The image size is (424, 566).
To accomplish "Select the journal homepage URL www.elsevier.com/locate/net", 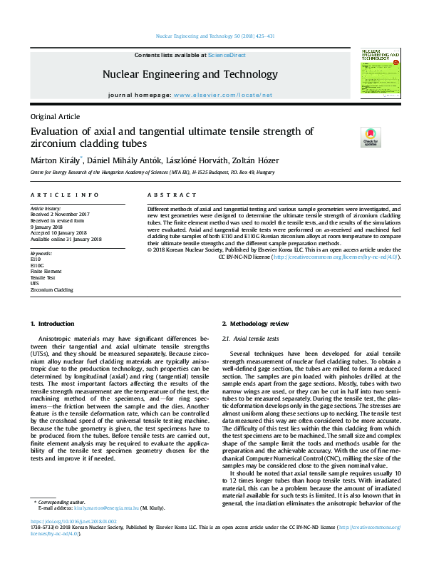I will pos(222,95).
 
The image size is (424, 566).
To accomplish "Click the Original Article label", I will pos(55,116).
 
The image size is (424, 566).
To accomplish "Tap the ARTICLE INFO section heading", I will pos(64,195).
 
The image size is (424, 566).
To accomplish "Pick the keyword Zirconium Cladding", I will pos(51,290).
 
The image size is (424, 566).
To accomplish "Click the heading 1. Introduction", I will pos(50,324).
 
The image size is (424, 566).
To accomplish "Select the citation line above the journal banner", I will pos(211,36).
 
